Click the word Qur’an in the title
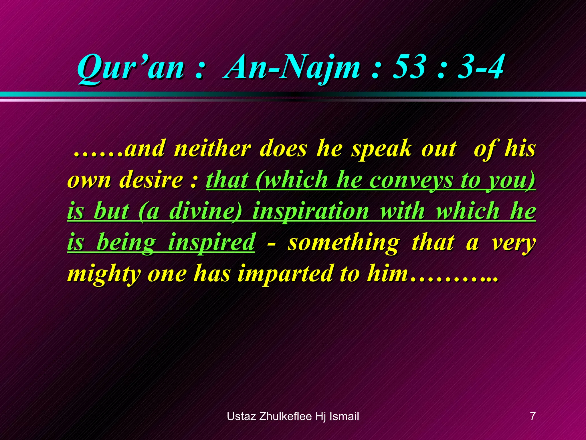point(130,68)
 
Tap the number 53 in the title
point(407,68)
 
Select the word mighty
point(104,274)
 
